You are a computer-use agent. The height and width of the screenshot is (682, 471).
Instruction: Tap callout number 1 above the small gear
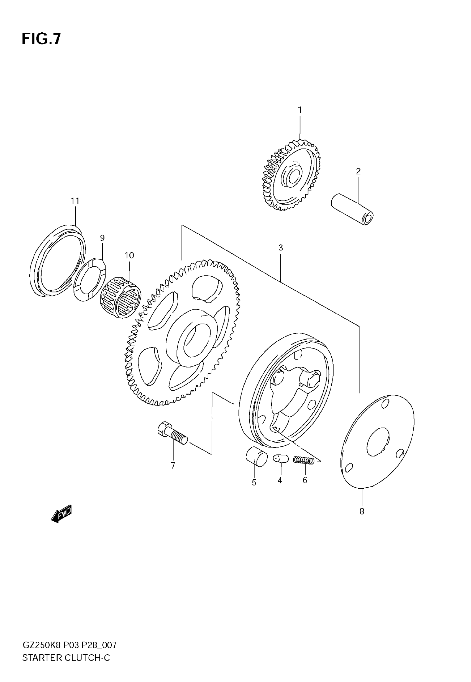pos(300,110)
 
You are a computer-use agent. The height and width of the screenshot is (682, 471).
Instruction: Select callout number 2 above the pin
pos(358,171)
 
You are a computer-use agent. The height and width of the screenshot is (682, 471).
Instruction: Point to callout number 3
pos(280,248)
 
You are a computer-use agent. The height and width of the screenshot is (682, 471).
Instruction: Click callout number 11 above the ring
pos(75,201)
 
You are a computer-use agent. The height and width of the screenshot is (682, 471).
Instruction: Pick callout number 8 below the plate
pos(362,511)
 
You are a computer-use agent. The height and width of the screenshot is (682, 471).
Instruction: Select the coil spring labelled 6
pos(303,460)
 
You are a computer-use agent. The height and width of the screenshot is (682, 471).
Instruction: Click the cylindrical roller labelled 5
pos(256,457)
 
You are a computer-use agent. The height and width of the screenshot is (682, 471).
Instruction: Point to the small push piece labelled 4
pos(280,459)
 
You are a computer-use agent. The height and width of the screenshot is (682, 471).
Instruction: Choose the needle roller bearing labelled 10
pos(121,297)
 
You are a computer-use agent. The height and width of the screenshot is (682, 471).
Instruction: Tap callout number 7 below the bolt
pos(173,465)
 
